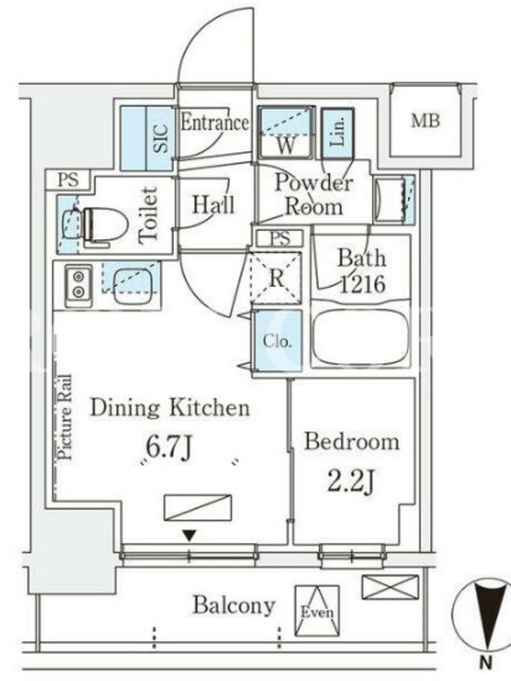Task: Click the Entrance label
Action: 215,122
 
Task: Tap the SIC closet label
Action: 160,139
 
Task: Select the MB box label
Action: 425,120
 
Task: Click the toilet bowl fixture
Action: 103,225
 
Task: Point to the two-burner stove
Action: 78,284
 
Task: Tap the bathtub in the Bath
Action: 360,337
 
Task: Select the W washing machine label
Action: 285,145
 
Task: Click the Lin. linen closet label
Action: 337,132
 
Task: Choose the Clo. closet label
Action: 277,341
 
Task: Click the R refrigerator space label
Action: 276,278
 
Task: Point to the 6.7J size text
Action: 168,448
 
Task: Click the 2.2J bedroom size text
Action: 351,481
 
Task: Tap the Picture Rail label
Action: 66,417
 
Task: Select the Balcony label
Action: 233,606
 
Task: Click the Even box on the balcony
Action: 317,610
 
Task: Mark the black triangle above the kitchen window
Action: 188,535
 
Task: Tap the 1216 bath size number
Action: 362,284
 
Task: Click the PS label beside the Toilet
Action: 69,180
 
